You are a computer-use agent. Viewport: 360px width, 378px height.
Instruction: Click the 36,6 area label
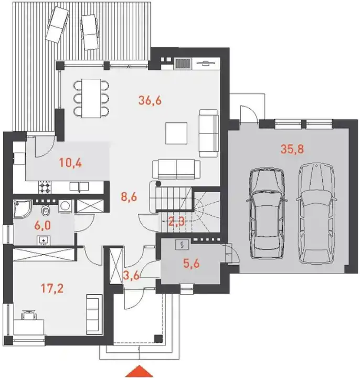coord(150,100)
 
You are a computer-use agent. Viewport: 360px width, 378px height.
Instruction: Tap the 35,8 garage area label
coord(292,149)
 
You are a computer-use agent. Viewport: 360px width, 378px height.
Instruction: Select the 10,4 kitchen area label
coord(71,163)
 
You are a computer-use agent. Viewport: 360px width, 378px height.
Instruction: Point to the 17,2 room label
coord(52,288)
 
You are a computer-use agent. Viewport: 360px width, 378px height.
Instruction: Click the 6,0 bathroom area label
coord(43,226)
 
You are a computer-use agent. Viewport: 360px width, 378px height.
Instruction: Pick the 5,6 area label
coord(192,264)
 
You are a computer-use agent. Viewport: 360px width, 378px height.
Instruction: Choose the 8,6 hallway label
coord(129,197)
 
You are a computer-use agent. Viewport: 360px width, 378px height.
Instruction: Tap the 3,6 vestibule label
coord(131,275)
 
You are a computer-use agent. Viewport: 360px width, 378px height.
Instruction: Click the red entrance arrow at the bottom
coord(139,372)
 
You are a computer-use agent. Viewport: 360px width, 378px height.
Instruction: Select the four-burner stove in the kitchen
coord(45,187)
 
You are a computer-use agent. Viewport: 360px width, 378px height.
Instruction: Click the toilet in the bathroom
coord(45,211)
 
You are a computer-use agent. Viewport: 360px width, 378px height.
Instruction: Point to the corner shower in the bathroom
coord(23,209)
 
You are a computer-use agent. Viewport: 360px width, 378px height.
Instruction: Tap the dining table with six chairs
coord(91,98)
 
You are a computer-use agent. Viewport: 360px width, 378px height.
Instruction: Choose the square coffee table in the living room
coord(176,133)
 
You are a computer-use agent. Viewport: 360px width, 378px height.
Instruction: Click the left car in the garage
coord(267,213)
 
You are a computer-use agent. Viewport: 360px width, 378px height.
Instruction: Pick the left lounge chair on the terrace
coord(57,25)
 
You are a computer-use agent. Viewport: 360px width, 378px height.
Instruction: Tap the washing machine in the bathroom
coord(65,206)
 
